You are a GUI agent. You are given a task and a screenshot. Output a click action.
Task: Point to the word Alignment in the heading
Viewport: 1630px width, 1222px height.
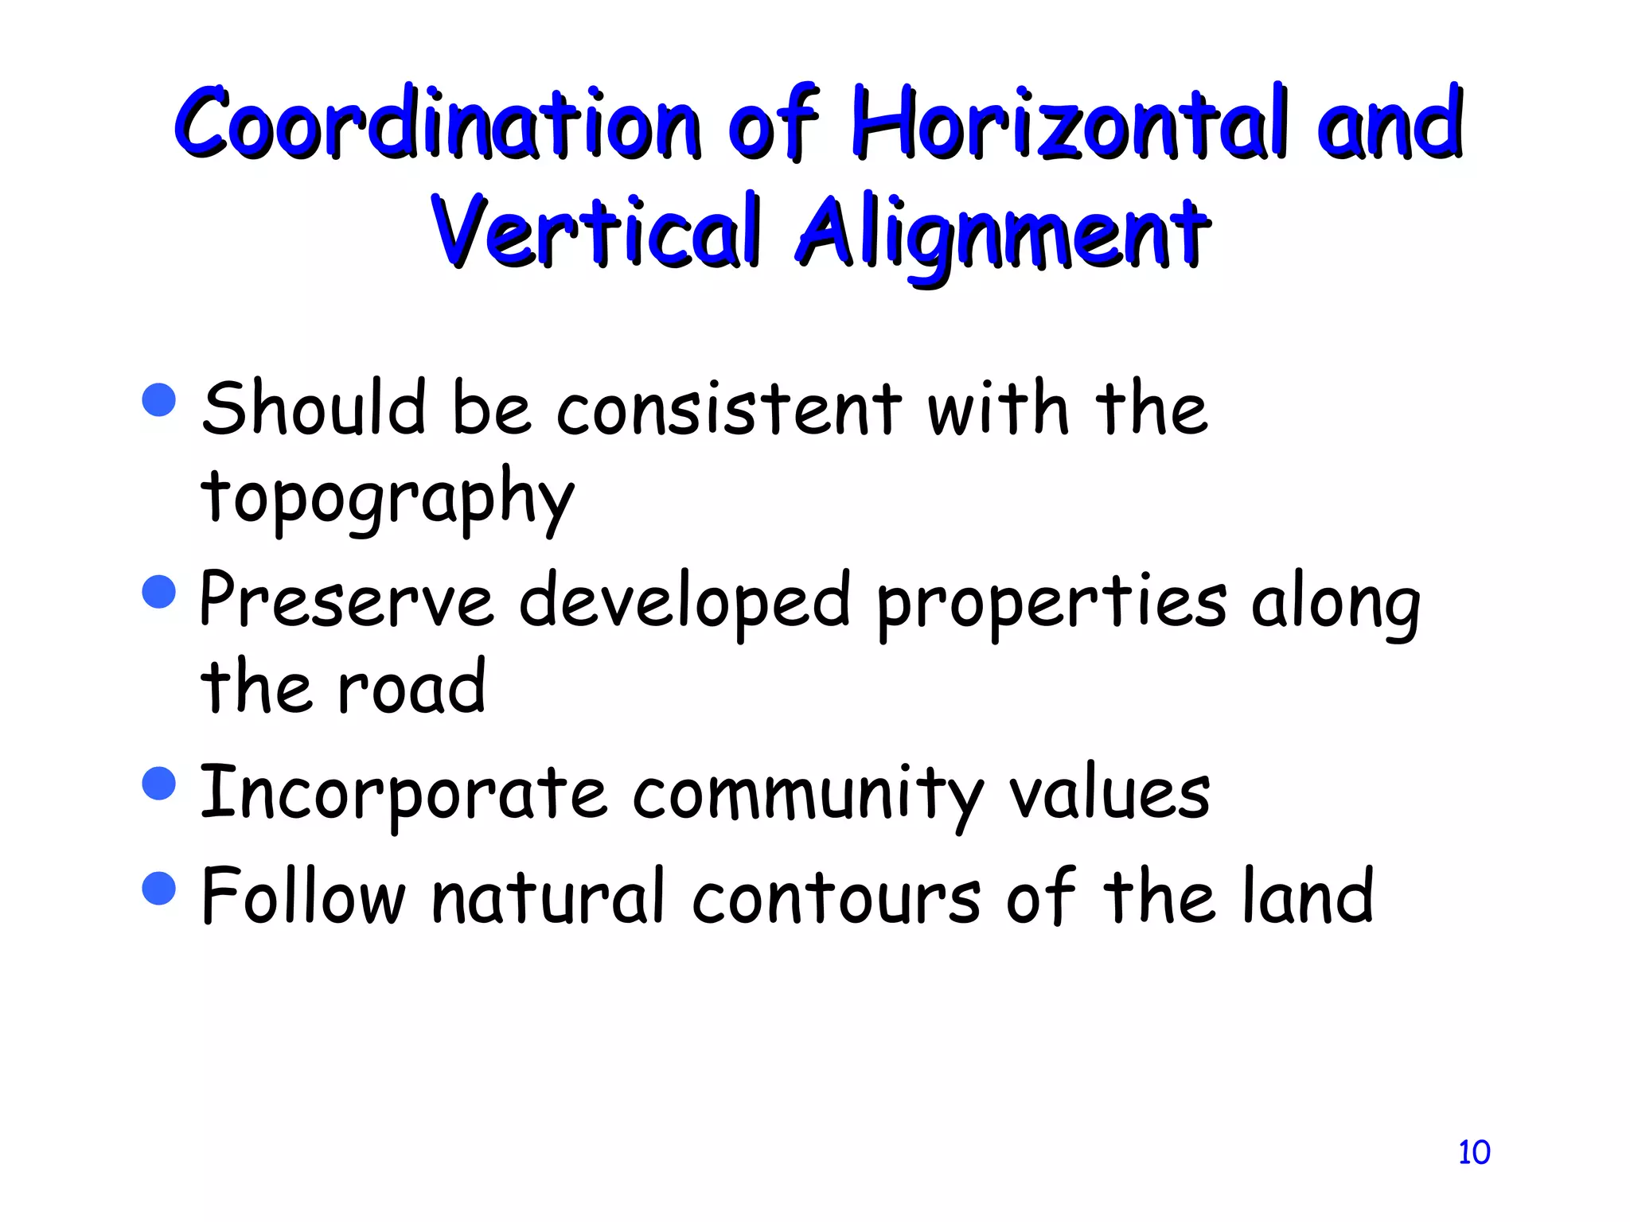point(1003,232)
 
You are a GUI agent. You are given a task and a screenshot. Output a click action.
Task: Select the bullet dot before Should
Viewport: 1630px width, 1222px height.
point(159,399)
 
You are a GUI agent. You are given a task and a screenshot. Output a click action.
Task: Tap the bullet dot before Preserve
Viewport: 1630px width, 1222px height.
point(159,592)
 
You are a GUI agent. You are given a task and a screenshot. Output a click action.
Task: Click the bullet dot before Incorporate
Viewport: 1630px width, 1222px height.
point(159,783)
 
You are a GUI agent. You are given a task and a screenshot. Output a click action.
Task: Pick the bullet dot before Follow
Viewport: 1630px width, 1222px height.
point(159,888)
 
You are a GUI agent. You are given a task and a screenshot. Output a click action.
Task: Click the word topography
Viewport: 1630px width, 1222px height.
point(387,497)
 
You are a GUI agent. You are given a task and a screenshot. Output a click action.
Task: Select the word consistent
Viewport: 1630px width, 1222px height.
point(728,409)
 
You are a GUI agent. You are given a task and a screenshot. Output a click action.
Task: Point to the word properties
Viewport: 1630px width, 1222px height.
point(1051,602)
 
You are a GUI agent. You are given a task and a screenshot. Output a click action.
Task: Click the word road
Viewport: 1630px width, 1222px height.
point(411,687)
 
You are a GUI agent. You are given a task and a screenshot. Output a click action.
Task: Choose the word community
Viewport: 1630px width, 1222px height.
point(808,794)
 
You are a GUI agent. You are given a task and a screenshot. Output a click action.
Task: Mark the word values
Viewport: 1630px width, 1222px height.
point(1109,794)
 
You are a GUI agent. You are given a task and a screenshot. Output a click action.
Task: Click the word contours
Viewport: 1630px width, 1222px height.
point(836,897)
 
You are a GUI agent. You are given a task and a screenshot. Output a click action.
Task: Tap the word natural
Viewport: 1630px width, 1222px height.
point(548,897)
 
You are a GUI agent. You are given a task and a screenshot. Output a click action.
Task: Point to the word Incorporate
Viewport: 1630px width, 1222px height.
point(403,794)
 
